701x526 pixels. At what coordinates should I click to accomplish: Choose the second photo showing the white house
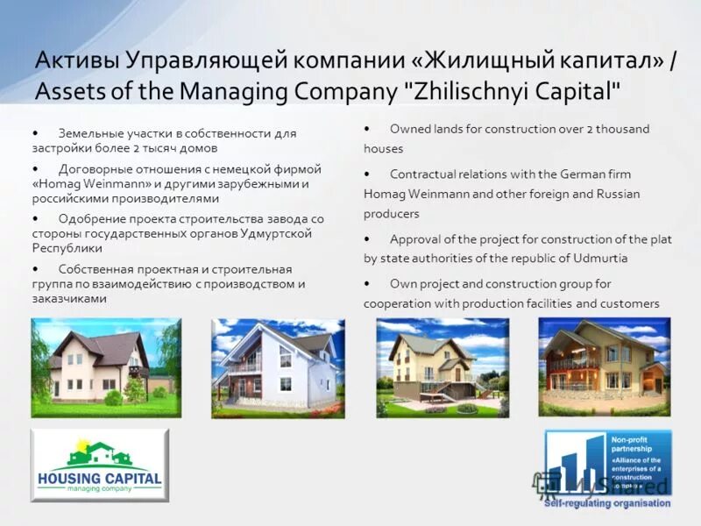pyautogui.click(x=278, y=367)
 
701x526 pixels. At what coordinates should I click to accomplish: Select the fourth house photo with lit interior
pyautogui.click(x=604, y=366)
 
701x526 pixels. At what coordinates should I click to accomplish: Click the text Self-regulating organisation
pyautogui.click(x=607, y=503)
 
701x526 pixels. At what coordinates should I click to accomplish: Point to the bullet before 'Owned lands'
pyautogui.click(x=366, y=129)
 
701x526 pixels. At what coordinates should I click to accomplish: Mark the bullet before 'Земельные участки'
pyautogui.click(x=34, y=133)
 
